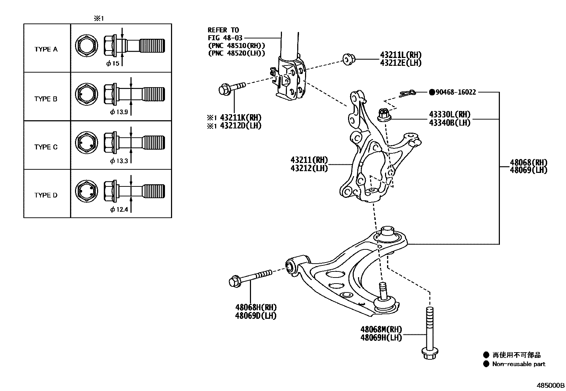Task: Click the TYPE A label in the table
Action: point(46,49)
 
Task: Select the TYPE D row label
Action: point(46,195)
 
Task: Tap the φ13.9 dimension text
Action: point(119,112)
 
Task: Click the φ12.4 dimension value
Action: point(119,210)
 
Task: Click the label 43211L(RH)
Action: point(401,55)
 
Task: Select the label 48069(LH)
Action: point(529,170)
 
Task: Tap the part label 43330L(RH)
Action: point(449,115)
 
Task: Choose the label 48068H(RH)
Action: point(256,307)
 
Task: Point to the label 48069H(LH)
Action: point(381,338)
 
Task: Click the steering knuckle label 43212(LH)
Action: point(309,168)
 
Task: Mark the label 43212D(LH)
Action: point(240,126)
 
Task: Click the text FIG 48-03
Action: point(223,38)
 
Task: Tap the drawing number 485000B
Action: point(550,386)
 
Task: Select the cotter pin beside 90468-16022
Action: point(407,94)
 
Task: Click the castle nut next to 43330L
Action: point(383,115)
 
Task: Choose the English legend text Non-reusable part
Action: point(519,364)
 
